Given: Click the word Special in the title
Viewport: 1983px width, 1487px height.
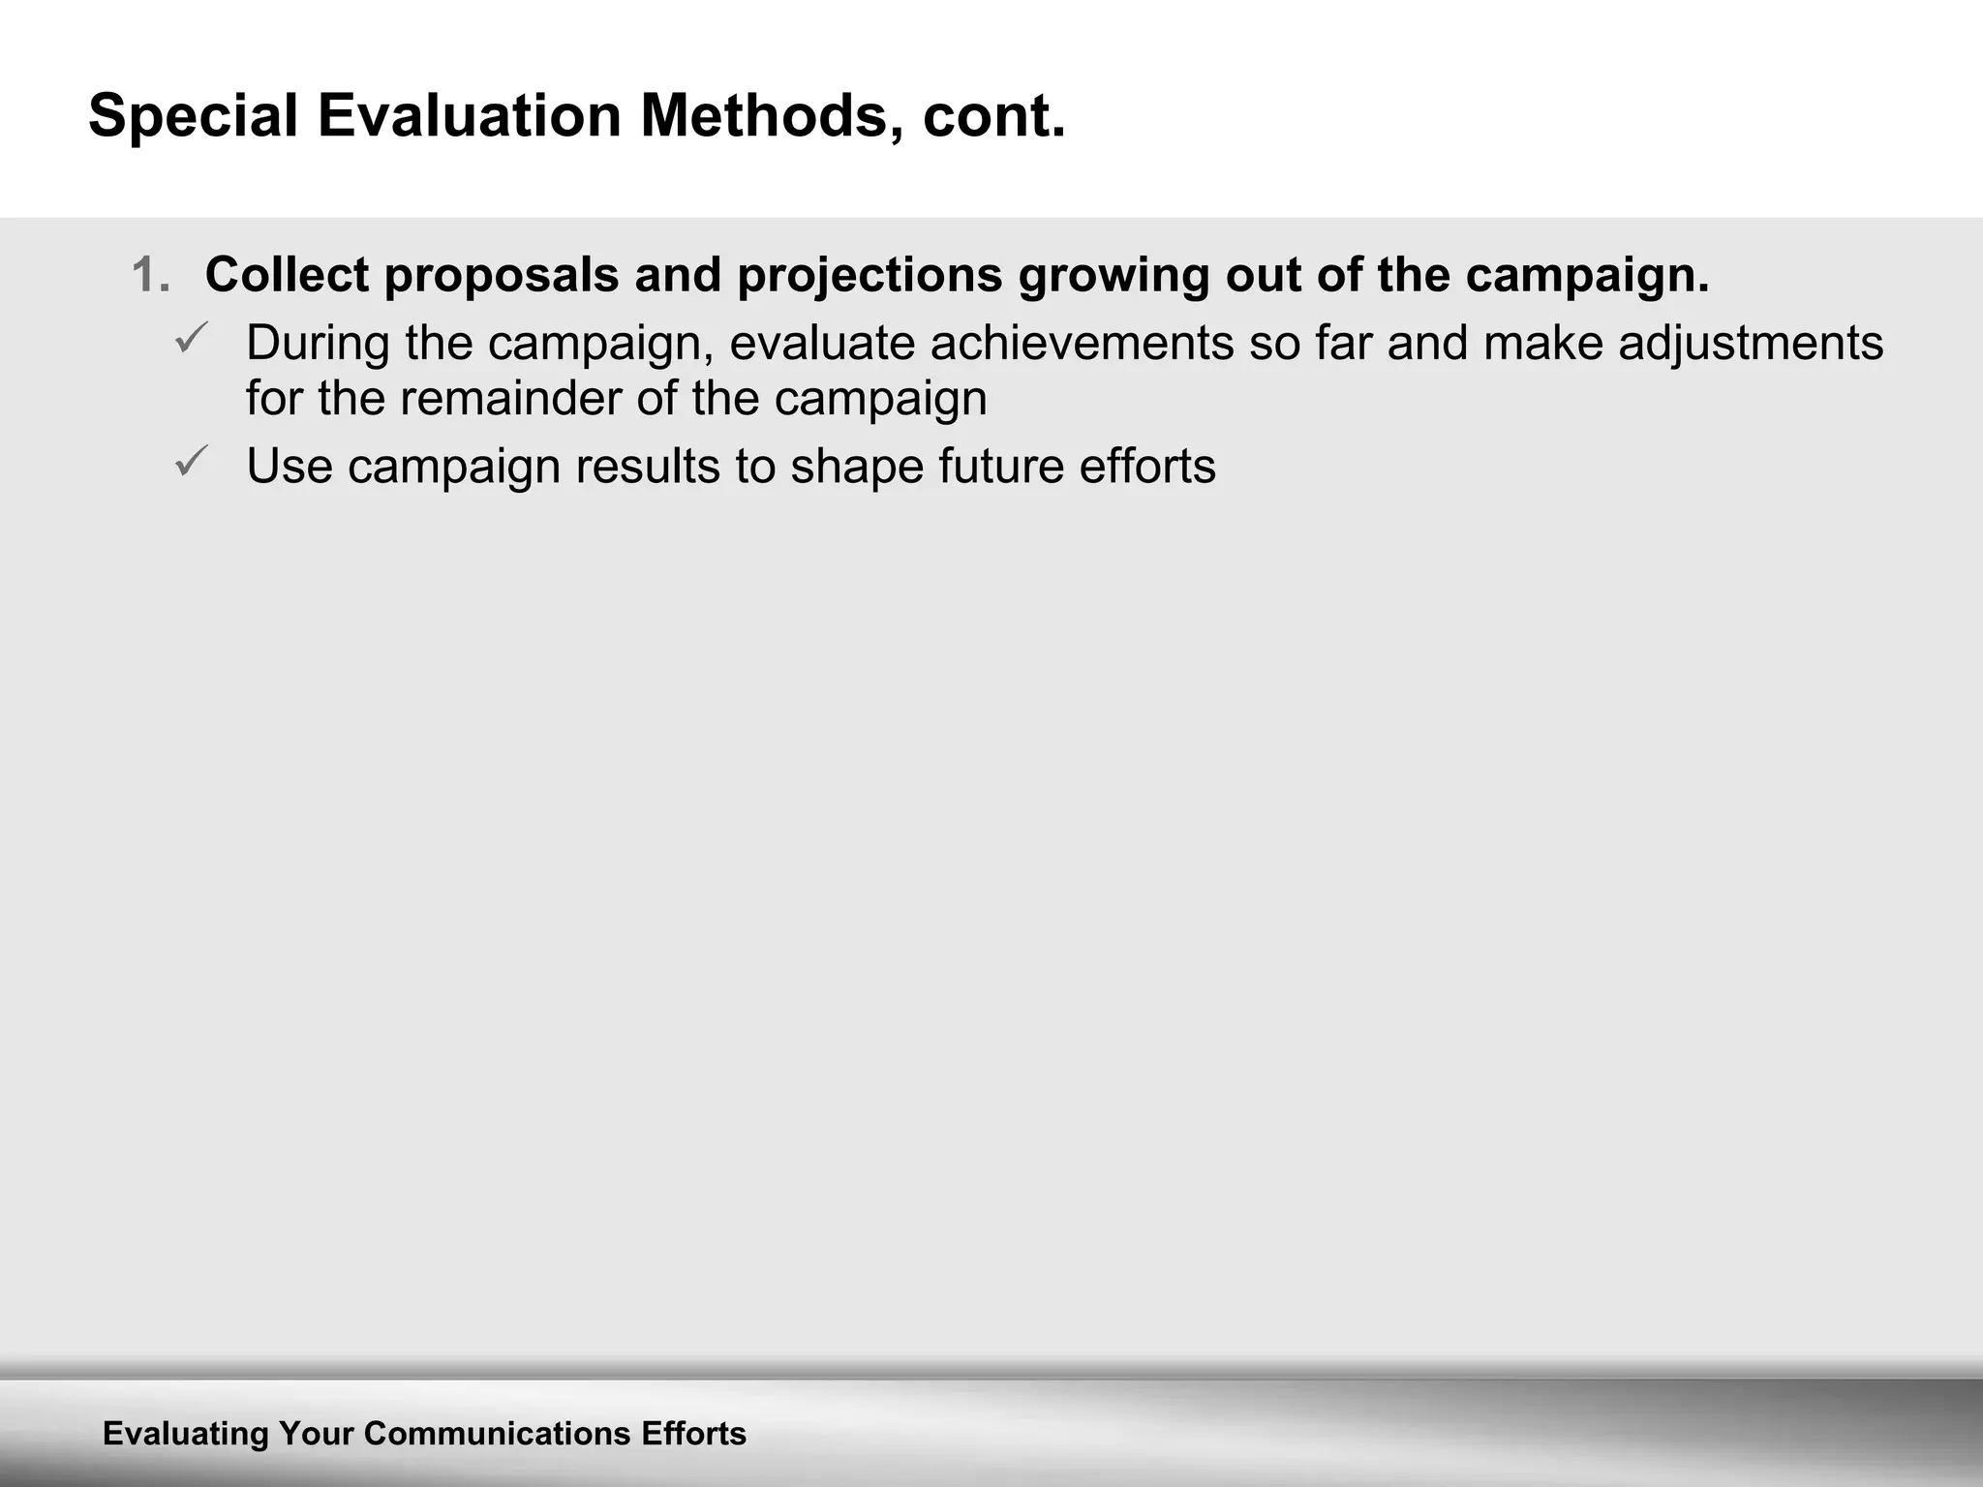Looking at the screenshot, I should pos(193,116).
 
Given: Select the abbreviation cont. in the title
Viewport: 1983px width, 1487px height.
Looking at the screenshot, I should pos(993,116).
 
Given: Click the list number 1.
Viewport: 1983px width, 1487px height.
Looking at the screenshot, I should pos(150,275).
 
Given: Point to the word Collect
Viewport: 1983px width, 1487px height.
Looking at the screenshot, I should pos(287,275).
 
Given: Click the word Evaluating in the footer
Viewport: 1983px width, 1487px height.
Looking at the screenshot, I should pos(186,1434).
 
